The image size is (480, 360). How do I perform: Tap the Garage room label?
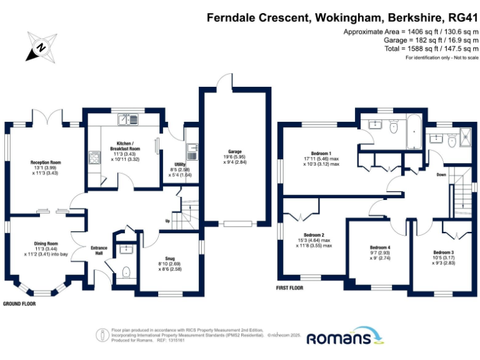235,152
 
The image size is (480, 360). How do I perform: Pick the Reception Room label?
44,162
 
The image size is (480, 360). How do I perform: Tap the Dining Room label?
45,243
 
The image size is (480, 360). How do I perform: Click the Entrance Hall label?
99,248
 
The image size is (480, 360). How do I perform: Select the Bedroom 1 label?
321,153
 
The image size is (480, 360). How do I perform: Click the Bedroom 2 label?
314,235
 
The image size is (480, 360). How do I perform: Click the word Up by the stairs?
167,221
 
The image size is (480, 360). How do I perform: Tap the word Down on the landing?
441,174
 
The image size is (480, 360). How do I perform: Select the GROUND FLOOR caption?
19,304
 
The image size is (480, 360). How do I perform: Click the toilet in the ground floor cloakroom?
126,272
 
